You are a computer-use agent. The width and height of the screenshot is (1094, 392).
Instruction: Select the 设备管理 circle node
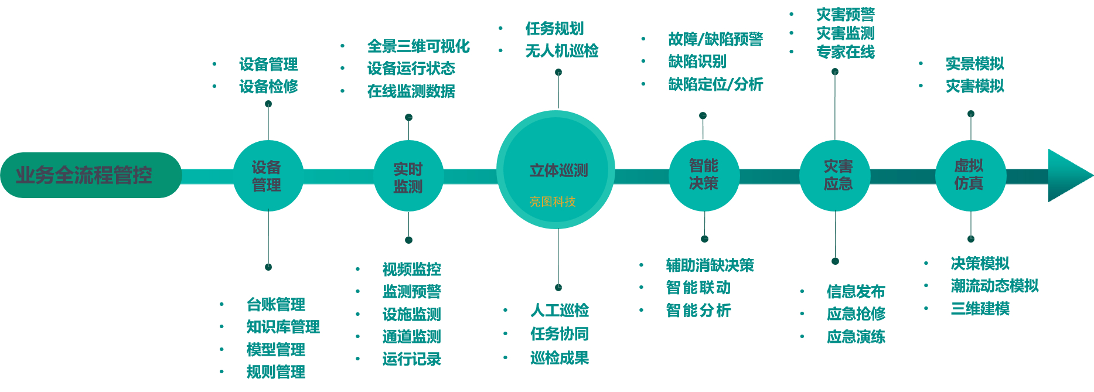click(x=268, y=176)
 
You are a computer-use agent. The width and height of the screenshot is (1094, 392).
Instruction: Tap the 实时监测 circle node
click(x=408, y=177)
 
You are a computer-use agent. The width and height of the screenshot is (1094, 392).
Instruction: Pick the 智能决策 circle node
click(x=704, y=175)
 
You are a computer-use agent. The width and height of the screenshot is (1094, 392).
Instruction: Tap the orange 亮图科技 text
click(x=553, y=202)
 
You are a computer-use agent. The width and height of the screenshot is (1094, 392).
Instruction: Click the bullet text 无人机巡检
click(x=561, y=51)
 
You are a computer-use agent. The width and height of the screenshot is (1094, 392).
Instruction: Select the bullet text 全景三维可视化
click(x=418, y=46)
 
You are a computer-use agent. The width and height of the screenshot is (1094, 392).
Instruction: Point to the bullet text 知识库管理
click(x=283, y=327)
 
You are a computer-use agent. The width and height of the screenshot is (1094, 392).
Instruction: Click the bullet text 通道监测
click(x=411, y=337)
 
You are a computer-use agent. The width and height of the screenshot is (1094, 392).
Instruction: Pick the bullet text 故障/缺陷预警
click(x=715, y=39)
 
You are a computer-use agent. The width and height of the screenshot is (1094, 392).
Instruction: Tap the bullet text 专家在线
click(x=845, y=52)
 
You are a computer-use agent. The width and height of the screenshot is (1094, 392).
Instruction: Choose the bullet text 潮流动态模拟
click(x=994, y=286)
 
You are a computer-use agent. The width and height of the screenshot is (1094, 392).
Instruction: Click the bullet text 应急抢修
click(x=856, y=314)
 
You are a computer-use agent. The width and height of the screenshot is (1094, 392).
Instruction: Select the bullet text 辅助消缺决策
click(x=710, y=265)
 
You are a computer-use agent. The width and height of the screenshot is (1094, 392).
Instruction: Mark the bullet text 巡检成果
click(x=559, y=358)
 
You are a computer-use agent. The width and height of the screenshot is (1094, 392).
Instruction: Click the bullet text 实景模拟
click(x=974, y=64)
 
